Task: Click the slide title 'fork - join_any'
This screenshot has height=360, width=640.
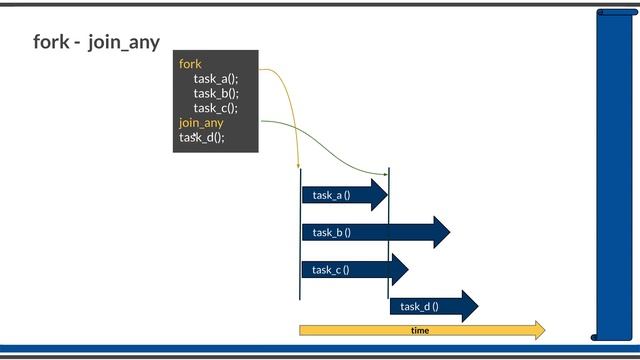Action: point(96,43)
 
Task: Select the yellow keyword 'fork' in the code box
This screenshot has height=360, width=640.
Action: point(190,64)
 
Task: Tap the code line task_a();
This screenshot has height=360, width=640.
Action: point(216,79)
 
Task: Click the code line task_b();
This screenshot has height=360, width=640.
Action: point(216,93)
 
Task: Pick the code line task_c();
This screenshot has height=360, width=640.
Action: point(216,108)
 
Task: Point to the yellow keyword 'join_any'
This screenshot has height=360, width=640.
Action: point(201,123)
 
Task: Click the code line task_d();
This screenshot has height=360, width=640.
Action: point(202,138)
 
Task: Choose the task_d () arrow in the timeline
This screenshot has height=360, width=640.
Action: point(431,306)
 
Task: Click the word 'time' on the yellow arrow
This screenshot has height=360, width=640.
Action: point(420,330)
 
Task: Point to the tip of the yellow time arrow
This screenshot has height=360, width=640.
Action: point(544,330)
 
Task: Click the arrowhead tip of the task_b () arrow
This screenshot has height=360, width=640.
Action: point(449,232)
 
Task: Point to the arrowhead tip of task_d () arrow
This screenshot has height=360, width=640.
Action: point(478,306)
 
